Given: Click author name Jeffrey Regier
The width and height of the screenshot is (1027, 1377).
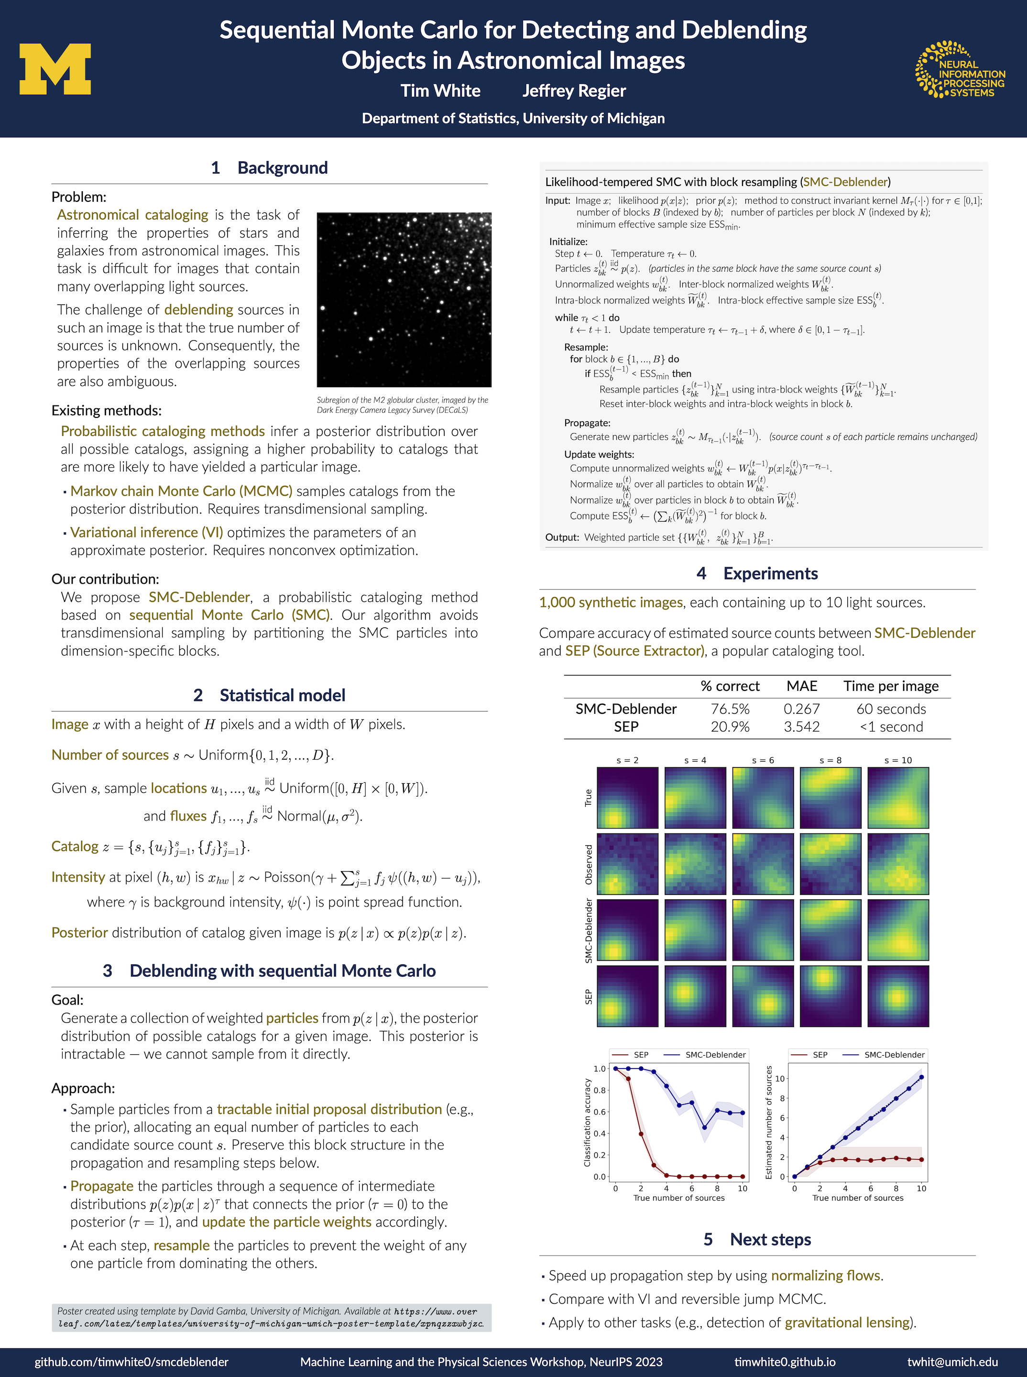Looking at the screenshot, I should point(574,91).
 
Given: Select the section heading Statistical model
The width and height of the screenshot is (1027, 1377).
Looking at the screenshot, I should point(282,695).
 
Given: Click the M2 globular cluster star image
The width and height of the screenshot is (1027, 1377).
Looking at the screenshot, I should point(404,300).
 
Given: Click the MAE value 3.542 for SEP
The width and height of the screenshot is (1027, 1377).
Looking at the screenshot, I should point(801,727).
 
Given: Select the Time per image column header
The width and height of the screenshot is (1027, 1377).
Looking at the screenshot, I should point(891,686).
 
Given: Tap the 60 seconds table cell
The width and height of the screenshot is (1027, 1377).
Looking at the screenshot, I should point(891,709).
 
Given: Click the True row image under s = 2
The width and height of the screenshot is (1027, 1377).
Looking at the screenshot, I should point(627,798).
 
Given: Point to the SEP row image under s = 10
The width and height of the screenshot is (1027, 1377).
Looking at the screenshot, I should point(898,996).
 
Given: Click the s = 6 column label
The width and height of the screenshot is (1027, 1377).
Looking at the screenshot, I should point(763,760).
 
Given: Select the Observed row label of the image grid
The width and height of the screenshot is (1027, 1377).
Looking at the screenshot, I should point(588,864).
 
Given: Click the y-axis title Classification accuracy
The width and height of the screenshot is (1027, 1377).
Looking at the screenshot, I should point(587,1122).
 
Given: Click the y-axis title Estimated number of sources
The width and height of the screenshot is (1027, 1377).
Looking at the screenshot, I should point(768,1122).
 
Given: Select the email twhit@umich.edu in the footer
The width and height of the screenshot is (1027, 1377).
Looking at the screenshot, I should point(952,1361).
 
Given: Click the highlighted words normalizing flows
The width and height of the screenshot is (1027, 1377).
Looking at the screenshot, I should point(826,1275).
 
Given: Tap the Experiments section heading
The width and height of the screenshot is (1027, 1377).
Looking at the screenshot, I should point(770,573).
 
